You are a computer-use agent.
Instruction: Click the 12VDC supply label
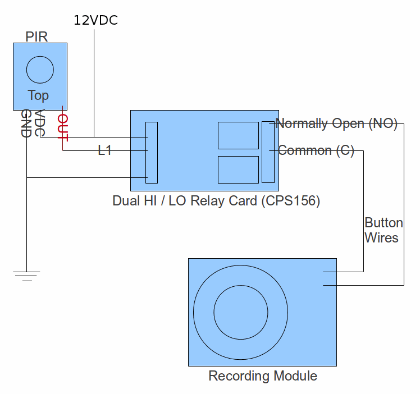tap(96, 21)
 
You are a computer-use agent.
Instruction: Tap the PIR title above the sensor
tap(36, 37)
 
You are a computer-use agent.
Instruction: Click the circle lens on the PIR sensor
tap(40, 70)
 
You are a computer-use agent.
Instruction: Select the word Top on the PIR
tap(38, 95)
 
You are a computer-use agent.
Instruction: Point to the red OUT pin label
tap(62, 127)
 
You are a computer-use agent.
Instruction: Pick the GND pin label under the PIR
tap(26, 123)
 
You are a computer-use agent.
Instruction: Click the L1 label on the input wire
tap(105, 150)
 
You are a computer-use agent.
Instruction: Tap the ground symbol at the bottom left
tap(26, 276)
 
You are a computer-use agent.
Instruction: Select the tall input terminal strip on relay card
tap(152, 152)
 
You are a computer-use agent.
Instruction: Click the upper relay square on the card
tap(238, 135)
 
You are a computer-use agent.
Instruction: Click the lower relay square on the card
tap(238, 169)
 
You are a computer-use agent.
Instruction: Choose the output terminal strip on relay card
tap(268, 152)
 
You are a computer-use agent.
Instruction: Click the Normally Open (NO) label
tap(336, 123)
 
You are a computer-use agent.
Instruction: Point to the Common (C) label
tap(316, 150)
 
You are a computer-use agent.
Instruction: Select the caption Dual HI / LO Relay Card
tap(185, 201)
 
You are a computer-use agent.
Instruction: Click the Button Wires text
tap(381, 230)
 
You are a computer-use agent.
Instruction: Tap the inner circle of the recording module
tap(240, 312)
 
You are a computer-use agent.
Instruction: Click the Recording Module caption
tap(262, 375)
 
